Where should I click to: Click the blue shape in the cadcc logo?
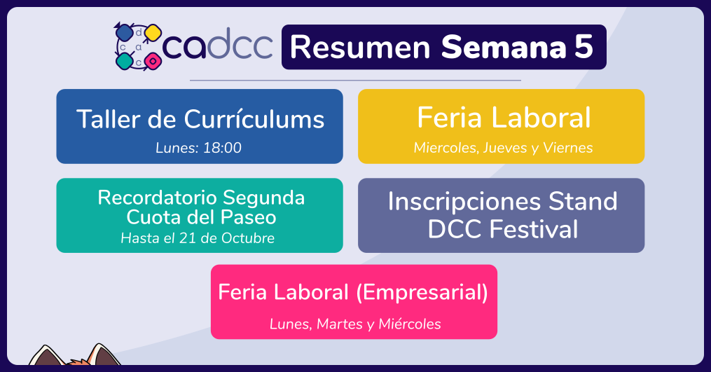124,33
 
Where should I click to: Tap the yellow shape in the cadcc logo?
153,33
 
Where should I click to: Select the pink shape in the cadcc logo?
153,61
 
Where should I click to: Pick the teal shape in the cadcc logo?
124,61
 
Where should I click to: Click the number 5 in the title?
584,47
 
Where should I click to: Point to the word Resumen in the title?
360,47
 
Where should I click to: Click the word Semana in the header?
504,47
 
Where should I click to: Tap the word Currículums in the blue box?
254,119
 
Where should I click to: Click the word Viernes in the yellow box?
567,148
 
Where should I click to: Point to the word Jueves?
504,148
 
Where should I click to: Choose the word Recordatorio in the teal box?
157,198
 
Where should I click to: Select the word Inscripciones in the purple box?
464,202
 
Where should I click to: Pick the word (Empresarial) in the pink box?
422,292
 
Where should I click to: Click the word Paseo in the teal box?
248,218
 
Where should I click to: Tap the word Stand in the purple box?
583,201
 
